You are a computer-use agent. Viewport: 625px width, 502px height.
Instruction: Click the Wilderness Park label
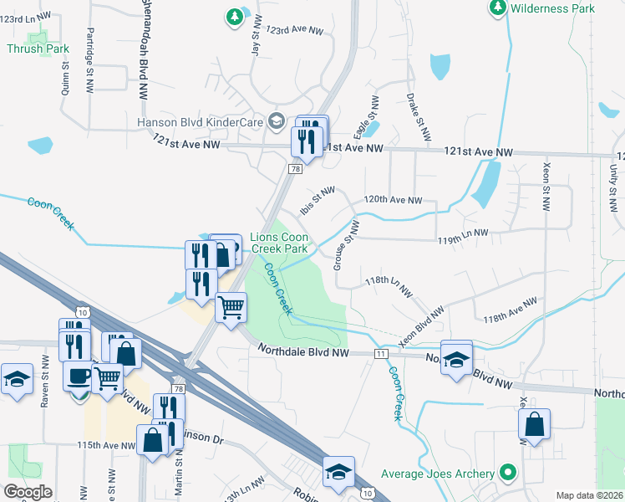(x=552, y=8)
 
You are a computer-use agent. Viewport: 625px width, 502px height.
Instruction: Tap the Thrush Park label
(x=38, y=49)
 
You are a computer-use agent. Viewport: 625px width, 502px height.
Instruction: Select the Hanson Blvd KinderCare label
(x=201, y=122)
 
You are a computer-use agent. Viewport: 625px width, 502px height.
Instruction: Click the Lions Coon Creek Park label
(x=280, y=243)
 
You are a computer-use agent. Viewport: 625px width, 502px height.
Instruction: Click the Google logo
(x=27, y=491)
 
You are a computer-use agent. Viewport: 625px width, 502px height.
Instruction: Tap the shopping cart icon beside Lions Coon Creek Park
(x=231, y=306)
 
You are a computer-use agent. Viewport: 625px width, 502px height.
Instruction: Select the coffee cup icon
(x=78, y=376)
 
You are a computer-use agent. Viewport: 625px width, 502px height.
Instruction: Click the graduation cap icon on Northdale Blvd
(x=456, y=358)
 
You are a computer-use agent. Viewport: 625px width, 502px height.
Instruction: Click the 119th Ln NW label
(x=463, y=240)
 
